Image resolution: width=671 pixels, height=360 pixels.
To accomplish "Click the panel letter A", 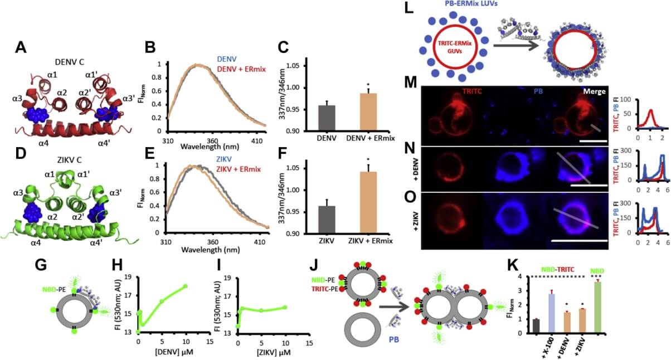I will tap(20, 49).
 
